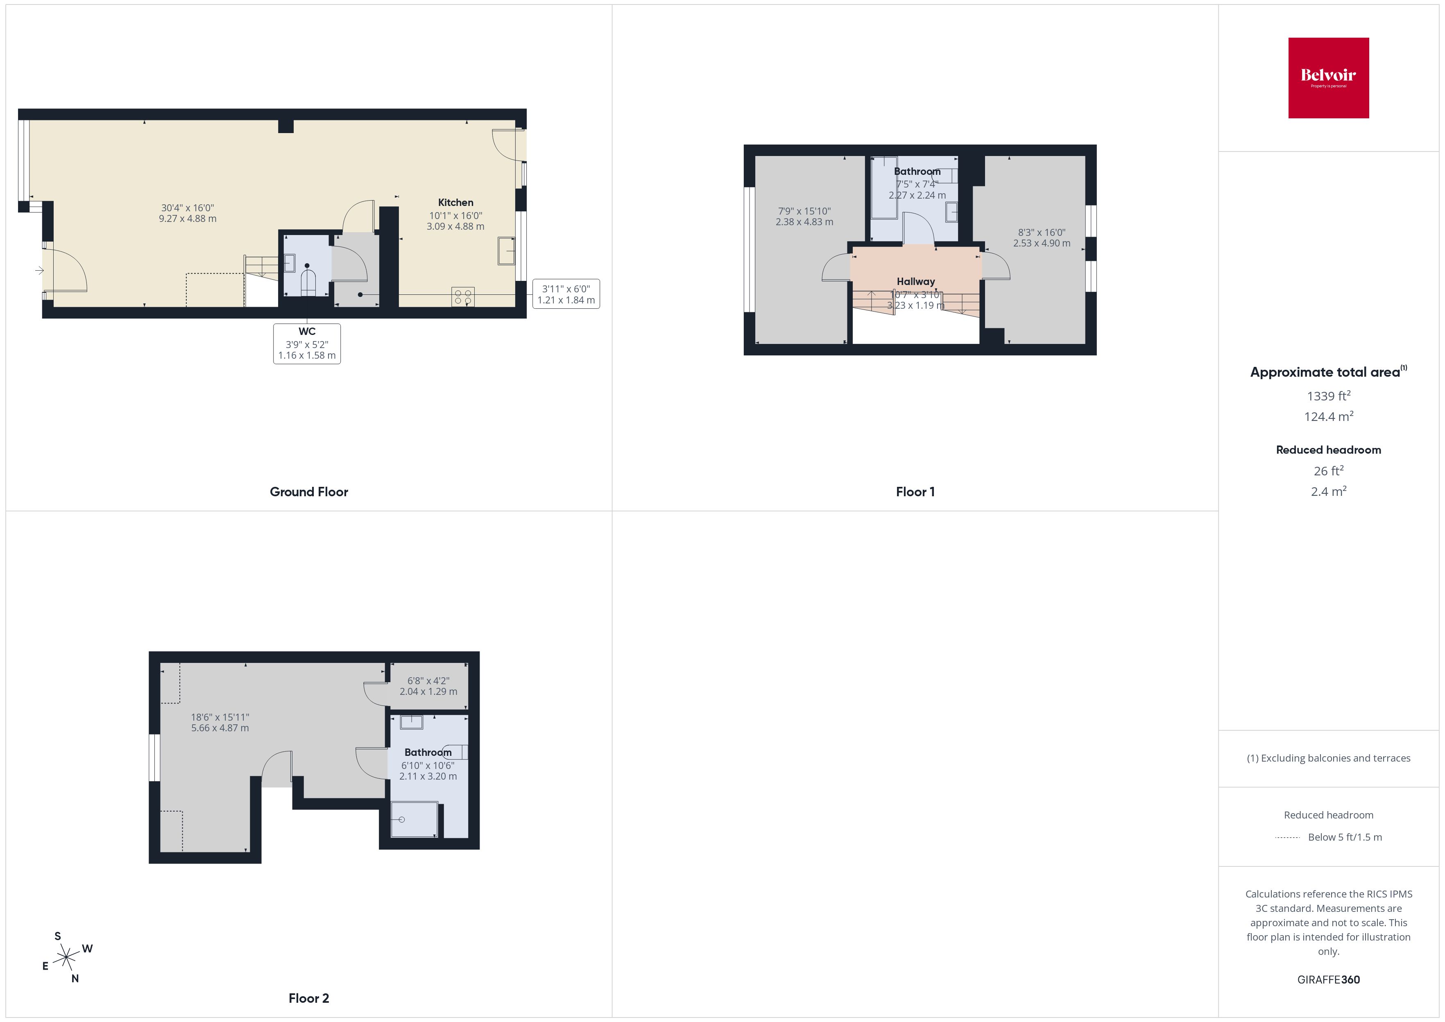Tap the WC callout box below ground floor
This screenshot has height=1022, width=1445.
pos(307,344)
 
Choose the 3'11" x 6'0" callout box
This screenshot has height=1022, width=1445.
pos(566,294)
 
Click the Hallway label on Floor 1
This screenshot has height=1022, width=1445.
pos(916,281)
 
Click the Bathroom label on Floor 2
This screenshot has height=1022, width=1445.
pos(428,752)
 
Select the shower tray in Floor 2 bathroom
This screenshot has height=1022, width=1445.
pos(414,819)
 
